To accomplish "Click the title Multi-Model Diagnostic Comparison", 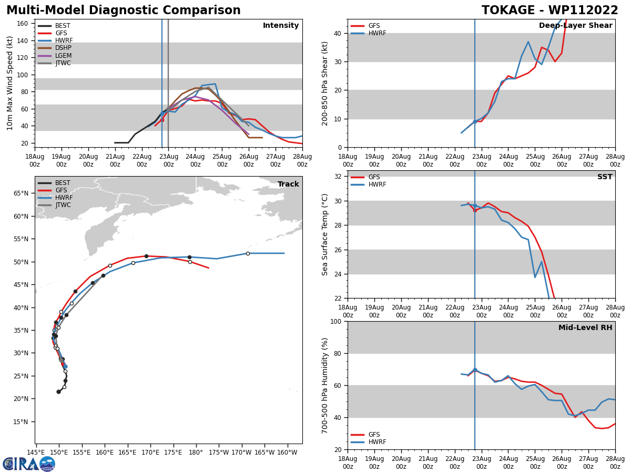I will click(124, 11).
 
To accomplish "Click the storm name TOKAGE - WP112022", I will click(549, 11).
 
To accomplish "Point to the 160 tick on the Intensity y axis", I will click(23, 24).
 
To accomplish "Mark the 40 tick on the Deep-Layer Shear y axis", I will click(337, 34).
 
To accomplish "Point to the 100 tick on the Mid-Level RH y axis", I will click(335, 321).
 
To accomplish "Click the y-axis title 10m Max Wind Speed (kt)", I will click(10, 83).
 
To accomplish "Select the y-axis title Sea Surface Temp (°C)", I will click(325, 234).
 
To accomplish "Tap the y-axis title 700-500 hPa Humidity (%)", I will click(325, 385).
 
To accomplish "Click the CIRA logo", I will click(29, 464).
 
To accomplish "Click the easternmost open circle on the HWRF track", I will click(248, 253).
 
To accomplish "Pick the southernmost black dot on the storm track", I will click(58, 392).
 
